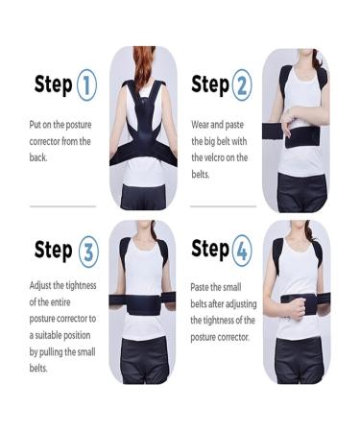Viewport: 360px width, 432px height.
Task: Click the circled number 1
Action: (x=85, y=84)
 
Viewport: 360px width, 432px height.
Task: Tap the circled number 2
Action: (x=240, y=84)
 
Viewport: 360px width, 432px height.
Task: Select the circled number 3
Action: (x=87, y=252)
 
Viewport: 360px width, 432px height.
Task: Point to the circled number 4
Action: (x=241, y=252)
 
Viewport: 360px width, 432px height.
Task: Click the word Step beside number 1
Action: (x=53, y=84)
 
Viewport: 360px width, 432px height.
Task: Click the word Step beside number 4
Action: (x=209, y=251)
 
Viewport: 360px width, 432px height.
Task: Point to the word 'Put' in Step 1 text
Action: (x=36, y=125)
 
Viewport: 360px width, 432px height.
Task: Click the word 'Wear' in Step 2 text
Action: (x=202, y=124)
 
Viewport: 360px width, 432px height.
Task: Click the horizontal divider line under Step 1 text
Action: (x=62, y=205)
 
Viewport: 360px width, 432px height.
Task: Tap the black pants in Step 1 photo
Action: (x=142, y=192)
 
